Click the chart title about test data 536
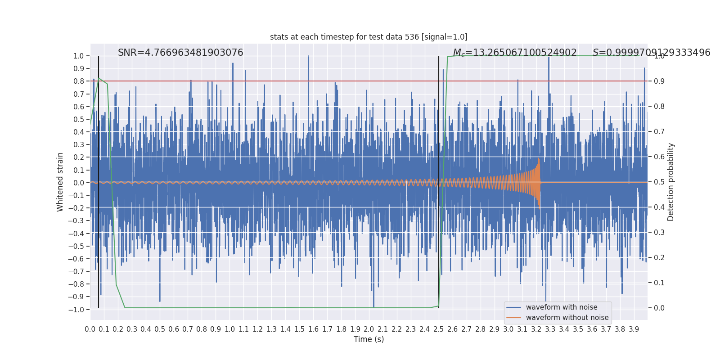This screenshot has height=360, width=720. pos(369,37)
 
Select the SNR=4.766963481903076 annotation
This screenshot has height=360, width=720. pos(180,52)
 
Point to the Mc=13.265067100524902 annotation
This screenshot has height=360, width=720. pos(515,52)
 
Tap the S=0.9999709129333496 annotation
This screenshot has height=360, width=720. pos(651,52)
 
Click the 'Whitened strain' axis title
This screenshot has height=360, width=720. pos(60,182)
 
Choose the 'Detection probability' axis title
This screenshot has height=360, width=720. pos(670,182)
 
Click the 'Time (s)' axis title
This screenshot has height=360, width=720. pos(369,339)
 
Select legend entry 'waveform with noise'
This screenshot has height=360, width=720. pos(562,307)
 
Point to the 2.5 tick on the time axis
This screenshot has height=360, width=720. pos(438,329)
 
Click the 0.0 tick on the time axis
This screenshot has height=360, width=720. pos(90,329)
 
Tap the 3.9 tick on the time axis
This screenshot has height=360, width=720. pos(634,329)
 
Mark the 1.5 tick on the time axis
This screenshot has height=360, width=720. pos(299,329)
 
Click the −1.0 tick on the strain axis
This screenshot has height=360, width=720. pos(76,310)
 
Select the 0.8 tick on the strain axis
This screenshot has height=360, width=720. pos(79,81)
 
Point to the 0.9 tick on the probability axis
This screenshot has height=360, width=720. pos(659,81)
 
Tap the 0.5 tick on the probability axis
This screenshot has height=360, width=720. pos(659,182)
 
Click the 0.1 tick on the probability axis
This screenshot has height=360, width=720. pos(659,283)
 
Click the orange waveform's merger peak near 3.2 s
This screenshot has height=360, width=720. pos(539,158)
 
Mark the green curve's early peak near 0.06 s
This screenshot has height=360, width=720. pos(99,78)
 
